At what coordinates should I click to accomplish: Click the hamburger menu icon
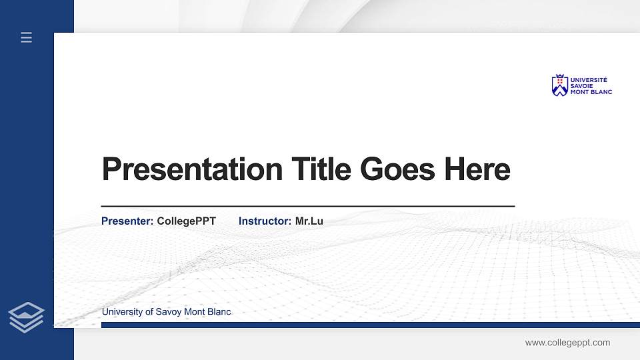tap(26, 37)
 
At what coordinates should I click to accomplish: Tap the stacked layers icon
tap(26, 317)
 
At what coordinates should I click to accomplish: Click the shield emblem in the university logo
tap(559, 85)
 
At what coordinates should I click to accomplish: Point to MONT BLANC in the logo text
tap(591, 92)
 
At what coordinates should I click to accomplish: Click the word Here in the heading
tap(477, 169)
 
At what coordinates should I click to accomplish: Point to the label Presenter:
tap(127, 221)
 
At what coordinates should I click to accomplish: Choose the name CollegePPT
tap(186, 221)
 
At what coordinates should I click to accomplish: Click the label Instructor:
tap(265, 221)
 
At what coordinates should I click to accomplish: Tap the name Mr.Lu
tap(309, 221)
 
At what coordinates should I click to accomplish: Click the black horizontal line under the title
tap(307, 207)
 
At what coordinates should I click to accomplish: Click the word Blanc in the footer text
tap(219, 312)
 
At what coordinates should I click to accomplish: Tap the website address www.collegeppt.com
tap(567, 343)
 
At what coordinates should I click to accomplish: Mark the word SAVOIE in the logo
tap(581, 86)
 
